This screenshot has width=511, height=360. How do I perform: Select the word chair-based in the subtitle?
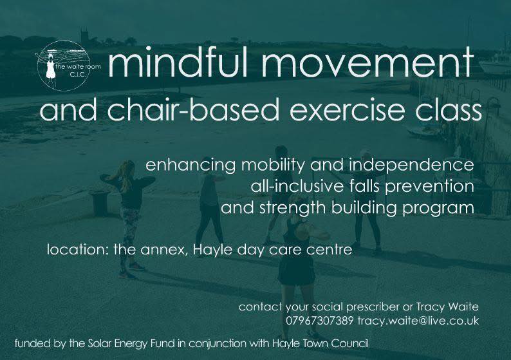pos(169,110)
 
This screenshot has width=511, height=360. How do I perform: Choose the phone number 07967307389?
pos(320,320)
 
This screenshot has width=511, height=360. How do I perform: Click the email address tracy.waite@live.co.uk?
pos(419,320)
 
